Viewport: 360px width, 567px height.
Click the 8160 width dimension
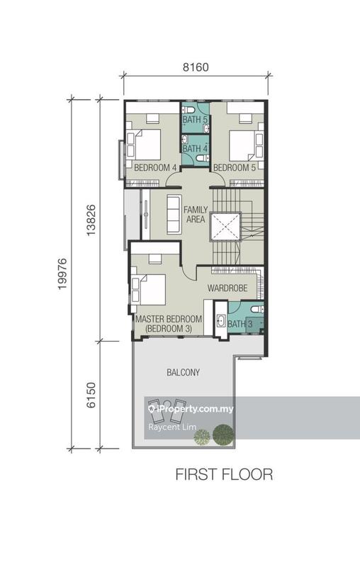pos(195,68)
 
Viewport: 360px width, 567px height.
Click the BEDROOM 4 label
pos(154,167)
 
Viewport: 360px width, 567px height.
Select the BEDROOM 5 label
pos(235,167)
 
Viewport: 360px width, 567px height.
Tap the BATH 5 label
pos(194,120)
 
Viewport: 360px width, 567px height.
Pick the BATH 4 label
pos(194,149)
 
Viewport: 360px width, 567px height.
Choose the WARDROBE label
pos(227,289)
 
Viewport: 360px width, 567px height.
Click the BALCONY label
pos(183,372)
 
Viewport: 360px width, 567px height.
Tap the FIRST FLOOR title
pos(224,474)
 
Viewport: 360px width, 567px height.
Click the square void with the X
pos(226,227)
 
